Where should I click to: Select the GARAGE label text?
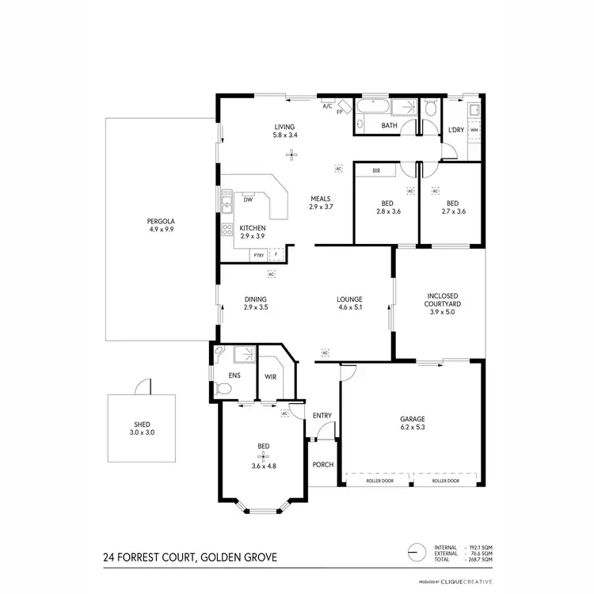[x=413, y=419]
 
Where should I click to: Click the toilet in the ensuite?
[x=223, y=387]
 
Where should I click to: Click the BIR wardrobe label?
[x=377, y=170]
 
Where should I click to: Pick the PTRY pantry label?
[x=258, y=255]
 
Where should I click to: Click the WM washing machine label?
[x=474, y=130]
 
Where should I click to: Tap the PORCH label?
[x=322, y=464]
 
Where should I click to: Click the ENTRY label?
[x=322, y=416]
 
